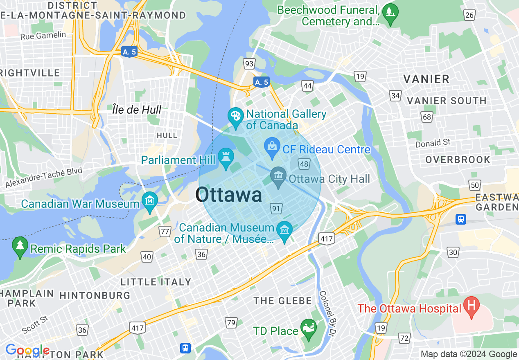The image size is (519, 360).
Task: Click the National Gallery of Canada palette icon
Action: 235,115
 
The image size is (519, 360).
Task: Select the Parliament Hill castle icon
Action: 225,156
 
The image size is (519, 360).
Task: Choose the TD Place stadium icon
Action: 308,327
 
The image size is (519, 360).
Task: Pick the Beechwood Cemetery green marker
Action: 390,11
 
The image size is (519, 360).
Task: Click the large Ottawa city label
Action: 228,195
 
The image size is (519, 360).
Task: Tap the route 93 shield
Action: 248,64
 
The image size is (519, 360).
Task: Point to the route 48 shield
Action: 304,164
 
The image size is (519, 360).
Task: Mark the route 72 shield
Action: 404,338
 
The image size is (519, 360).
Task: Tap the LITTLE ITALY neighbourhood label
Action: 156,282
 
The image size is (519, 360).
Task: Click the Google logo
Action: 27,351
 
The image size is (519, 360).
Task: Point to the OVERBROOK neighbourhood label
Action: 458,160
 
